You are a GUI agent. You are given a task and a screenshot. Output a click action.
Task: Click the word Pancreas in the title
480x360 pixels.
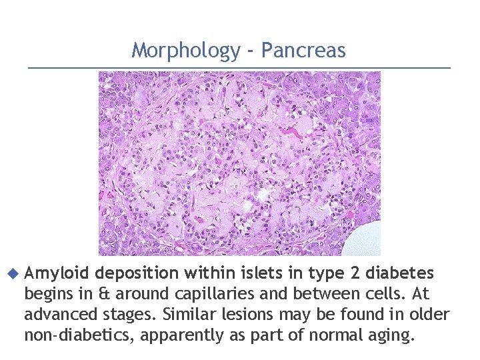[303, 51]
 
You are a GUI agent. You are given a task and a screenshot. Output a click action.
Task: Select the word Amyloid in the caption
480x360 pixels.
[56, 273]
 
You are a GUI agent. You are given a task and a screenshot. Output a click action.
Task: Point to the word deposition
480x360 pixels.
[138, 273]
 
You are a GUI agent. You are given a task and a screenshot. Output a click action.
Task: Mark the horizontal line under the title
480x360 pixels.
[240, 67]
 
